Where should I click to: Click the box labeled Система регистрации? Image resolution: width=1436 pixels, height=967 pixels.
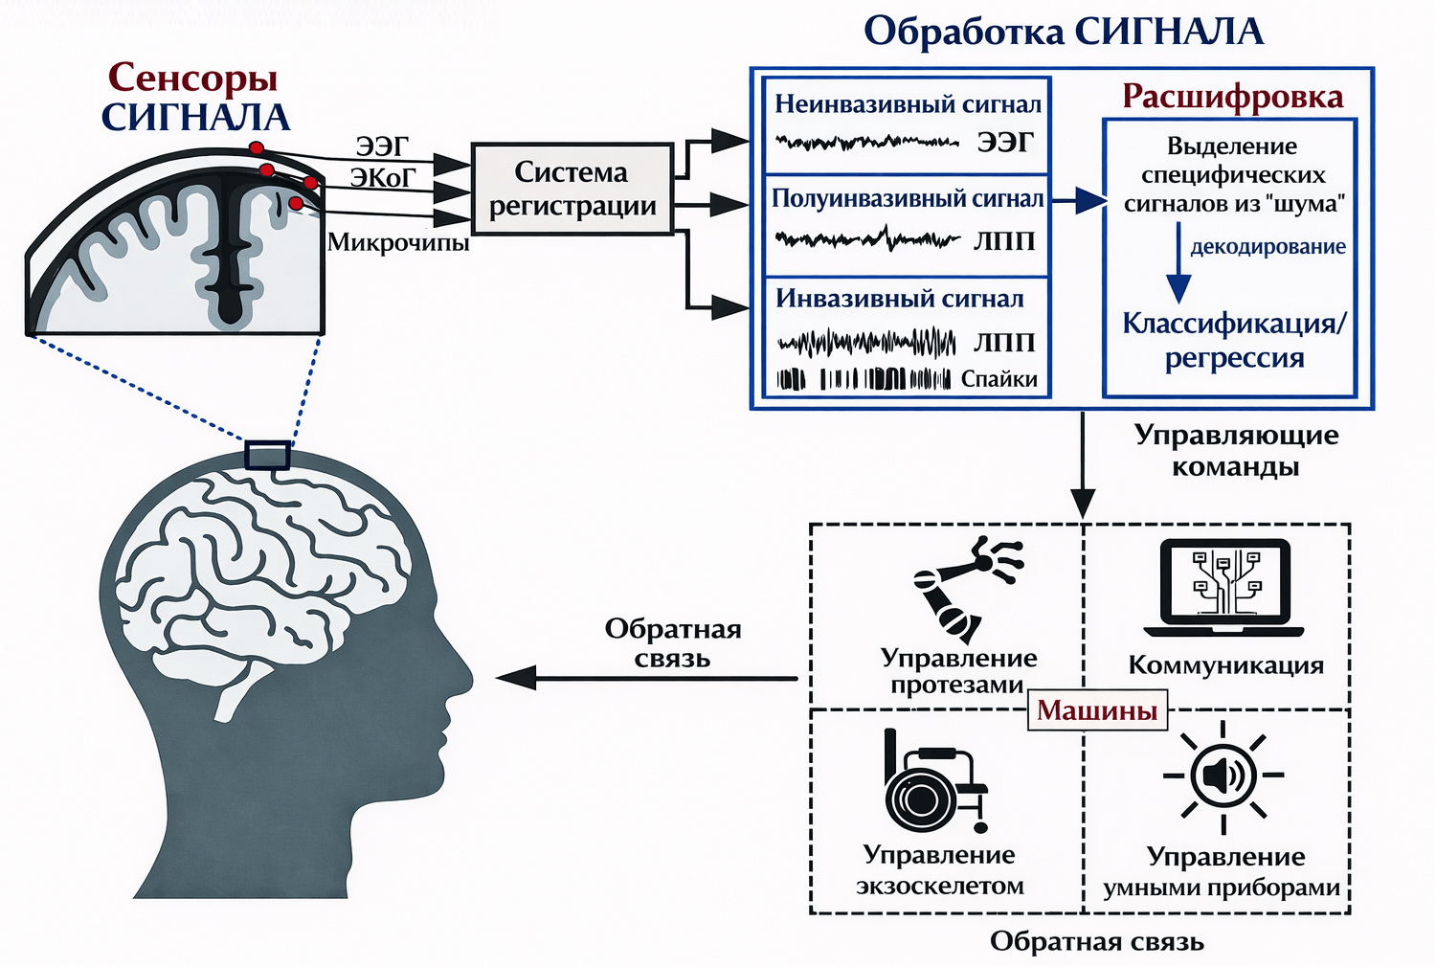(572, 188)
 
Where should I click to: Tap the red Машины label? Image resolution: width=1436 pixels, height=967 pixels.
(1097, 710)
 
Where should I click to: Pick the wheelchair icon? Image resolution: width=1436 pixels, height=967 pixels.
(931, 780)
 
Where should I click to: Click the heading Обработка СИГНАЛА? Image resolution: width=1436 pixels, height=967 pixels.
(1063, 31)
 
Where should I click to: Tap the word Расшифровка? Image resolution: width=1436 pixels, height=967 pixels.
(1232, 97)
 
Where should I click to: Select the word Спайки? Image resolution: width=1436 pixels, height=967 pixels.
(998, 379)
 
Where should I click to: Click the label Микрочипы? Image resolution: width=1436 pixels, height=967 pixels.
(398, 242)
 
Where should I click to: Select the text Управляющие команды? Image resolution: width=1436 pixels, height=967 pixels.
(1235, 450)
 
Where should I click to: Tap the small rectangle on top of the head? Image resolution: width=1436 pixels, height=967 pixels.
(267, 455)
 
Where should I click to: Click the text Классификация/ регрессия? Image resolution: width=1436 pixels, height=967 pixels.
(1234, 340)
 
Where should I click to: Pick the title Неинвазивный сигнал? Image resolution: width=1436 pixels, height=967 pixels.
(908, 103)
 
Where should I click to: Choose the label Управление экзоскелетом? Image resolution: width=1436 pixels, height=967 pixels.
(939, 869)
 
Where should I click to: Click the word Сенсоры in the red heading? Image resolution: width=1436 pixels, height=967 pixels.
(192, 77)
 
